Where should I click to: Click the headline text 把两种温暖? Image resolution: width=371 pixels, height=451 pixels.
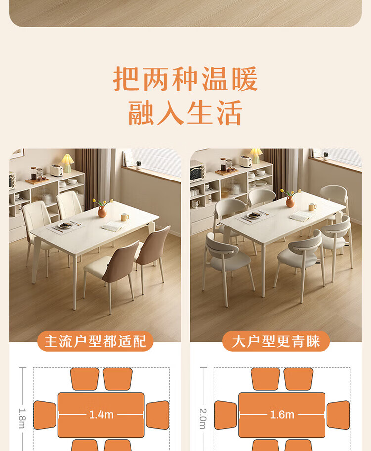pos(185,79)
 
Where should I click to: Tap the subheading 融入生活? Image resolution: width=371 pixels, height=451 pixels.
pos(185,113)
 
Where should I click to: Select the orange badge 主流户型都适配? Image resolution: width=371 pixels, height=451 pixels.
pos(95,341)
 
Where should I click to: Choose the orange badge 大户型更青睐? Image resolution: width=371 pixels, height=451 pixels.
pos(276,341)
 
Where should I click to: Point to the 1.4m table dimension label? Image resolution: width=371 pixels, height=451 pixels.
pos(101,415)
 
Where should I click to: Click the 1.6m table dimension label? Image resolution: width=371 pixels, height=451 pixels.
pos(282,415)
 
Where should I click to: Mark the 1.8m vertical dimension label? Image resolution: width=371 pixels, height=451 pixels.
pos(22,418)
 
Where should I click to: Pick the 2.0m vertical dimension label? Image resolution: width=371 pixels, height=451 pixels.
pos(203,418)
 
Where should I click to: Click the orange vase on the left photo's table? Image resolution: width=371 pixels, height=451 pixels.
pos(102,212)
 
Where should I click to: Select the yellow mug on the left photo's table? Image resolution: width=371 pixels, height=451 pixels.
pos(124,217)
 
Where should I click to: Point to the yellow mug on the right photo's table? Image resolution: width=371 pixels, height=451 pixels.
pos(312,207)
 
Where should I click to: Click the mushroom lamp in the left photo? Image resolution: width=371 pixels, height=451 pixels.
pos(67,163)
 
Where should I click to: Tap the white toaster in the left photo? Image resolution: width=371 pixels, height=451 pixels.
pos(57,170)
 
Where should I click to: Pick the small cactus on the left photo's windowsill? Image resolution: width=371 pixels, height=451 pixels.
pos(139,165)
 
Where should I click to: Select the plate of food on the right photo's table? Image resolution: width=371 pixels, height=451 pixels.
pos(254,215)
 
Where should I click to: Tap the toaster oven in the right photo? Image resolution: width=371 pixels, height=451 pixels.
pos(198,171)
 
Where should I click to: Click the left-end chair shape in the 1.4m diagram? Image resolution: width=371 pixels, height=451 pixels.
pos(45,415)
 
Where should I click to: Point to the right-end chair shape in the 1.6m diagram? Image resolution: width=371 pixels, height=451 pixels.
pos(338,415)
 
